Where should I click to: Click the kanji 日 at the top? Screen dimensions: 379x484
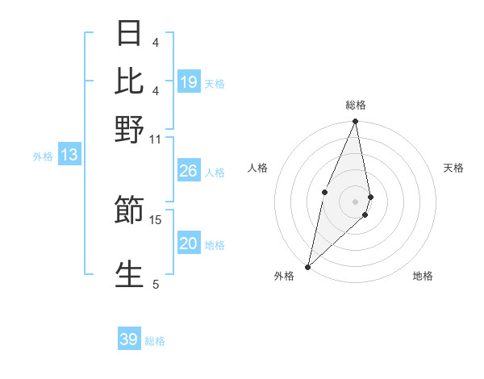(x=129, y=35)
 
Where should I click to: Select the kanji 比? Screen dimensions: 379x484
(x=129, y=81)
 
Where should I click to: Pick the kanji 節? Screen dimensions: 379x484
(x=129, y=210)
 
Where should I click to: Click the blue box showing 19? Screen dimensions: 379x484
(x=189, y=82)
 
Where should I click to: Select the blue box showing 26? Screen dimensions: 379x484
(x=188, y=171)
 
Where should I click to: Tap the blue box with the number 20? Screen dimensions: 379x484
(x=188, y=244)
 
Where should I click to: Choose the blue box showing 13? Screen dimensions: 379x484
(x=69, y=156)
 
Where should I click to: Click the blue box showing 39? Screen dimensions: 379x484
(x=129, y=339)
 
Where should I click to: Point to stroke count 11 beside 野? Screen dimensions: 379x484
(x=155, y=139)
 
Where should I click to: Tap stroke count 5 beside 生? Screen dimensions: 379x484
(x=156, y=284)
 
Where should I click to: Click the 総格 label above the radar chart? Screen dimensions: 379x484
(x=355, y=105)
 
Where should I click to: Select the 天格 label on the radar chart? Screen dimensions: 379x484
(x=453, y=168)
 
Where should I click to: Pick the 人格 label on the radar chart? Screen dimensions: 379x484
(x=257, y=168)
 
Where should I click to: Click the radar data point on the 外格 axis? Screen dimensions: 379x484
(x=308, y=266)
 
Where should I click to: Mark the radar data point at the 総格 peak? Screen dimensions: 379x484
(x=355, y=122)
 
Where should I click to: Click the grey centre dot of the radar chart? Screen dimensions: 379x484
(x=355, y=201)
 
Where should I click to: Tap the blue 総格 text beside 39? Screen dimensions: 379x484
(x=155, y=341)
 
